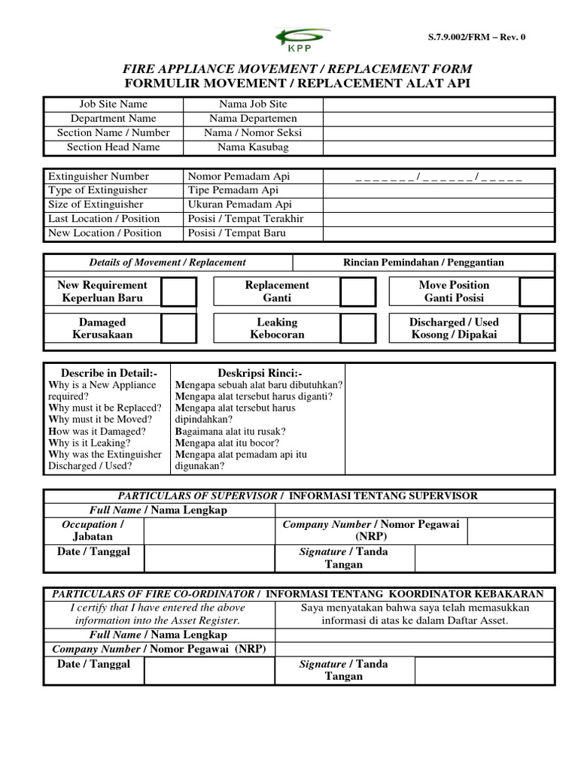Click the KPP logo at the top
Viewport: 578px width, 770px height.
pyautogui.click(x=303, y=38)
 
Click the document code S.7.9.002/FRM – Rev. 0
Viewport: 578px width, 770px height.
pyautogui.click(x=476, y=38)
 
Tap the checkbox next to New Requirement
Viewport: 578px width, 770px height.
pyautogui.click(x=178, y=292)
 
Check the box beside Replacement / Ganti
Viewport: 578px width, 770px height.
pyautogui.click(x=357, y=292)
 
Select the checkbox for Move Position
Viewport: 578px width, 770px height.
pyautogui.click(x=537, y=292)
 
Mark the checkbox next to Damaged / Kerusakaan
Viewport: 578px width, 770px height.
pyautogui.click(x=178, y=329)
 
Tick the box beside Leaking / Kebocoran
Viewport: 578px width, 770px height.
pyautogui.click(x=357, y=329)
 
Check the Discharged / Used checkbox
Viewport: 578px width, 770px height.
pyautogui.click(x=537, y=329)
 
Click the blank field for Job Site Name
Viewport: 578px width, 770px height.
pyautogui.click(x=439, y=105)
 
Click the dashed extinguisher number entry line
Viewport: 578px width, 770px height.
pyautogui.click(x=439, y=177)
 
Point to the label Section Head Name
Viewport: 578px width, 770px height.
pyautogui.click(x=114, y=147)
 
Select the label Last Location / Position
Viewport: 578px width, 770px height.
pyautogui.click(x=104, y=219)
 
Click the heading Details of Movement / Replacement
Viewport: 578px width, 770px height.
pyautogui.click(x=167, y=262)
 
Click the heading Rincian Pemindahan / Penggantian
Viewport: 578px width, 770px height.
pyautogui.click(x=424, y=262)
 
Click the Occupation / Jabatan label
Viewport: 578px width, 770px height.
pyautogui.click(x=93, y=530)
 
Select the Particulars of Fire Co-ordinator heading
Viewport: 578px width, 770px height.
pyautogui.click(x=157, y=594)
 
